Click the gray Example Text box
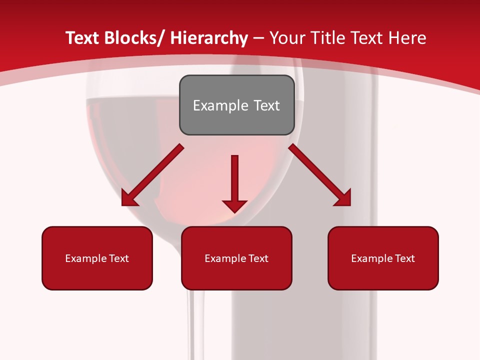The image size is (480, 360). pos(236,105)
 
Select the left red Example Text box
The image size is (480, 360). pos(97,258)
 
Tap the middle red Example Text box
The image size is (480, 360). pos(236,258)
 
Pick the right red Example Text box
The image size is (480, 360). pos(383,258)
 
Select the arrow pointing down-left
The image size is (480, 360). pos(152,175)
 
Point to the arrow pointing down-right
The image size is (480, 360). pos(320,175)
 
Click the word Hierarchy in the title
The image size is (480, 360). pos(209,38)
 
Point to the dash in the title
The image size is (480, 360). pos(259,38)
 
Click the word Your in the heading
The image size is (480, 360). pos(287,38)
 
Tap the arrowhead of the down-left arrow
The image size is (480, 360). pos(129,198)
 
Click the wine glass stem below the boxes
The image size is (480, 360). pos(196,325)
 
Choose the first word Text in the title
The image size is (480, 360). pos(83,38)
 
